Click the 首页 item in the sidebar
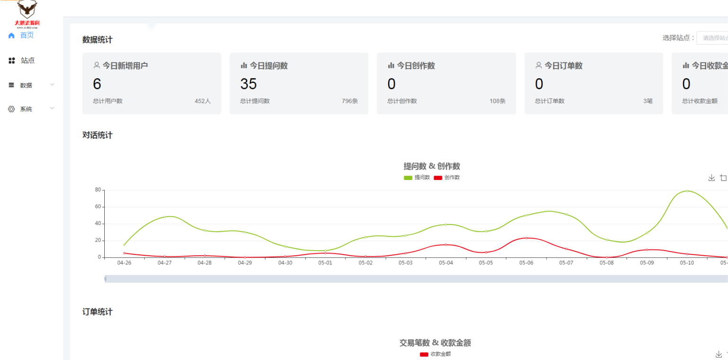27,36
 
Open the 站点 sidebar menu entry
27,61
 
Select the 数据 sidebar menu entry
26,85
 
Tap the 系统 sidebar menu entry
26,109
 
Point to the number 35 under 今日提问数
248,84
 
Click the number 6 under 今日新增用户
97,84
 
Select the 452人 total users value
202,101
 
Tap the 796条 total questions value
350,101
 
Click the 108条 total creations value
497,101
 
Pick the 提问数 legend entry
417,178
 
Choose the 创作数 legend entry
447,178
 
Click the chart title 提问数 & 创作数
432,166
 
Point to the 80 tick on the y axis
98,190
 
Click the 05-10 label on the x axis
687,262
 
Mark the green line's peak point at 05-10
687,191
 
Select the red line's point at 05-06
526,238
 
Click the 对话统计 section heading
98,135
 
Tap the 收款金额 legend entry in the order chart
436,354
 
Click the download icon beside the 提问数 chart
711,178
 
